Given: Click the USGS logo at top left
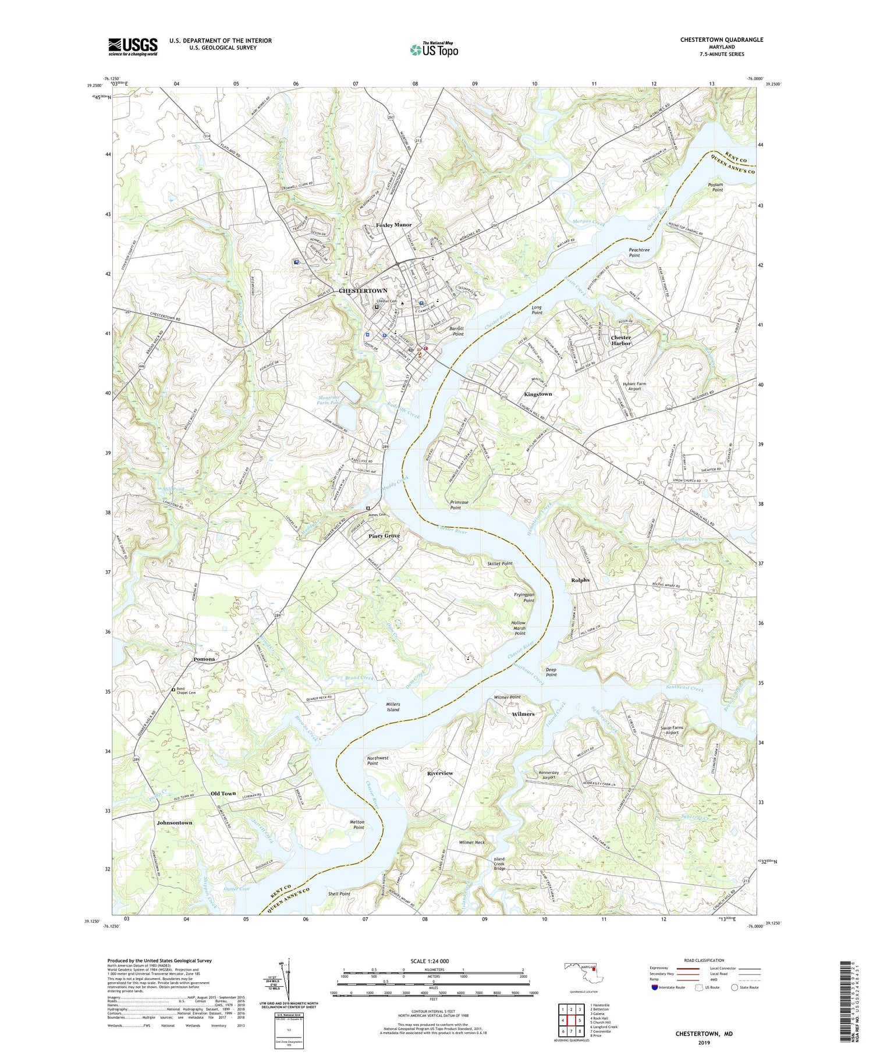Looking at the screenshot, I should coord(133,47).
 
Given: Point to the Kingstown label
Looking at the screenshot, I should coord(538,394).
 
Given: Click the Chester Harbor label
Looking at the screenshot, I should coord(620,340).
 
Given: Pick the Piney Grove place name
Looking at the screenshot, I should coord(384,535).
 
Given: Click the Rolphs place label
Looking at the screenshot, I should coord(580,580).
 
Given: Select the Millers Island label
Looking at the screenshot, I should coord(393,707).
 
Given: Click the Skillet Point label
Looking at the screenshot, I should coord(500,563).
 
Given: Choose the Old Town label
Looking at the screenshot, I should coord(223,794).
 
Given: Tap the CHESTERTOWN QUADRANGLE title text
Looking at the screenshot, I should coord(721,40).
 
